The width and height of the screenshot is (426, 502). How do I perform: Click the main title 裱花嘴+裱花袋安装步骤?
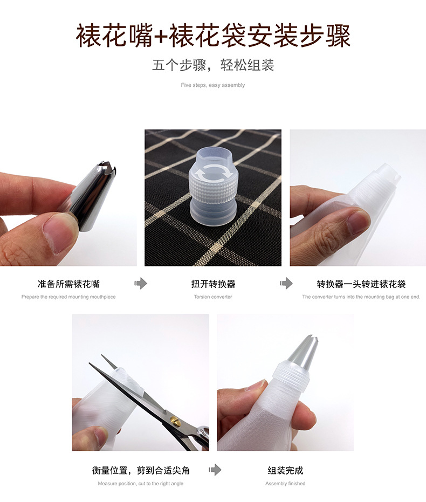tap(213, 36)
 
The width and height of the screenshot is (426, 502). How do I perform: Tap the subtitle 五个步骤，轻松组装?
tap(213, 66)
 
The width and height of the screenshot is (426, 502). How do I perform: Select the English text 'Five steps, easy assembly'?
tap(213, 85)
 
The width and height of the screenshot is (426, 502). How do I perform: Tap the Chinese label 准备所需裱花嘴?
tap(68, 284)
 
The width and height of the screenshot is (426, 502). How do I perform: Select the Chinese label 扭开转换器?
tap(213, 284)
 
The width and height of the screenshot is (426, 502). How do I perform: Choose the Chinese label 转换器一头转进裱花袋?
tap(361, 284)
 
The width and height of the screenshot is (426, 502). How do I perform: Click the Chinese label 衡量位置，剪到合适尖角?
tap(141, 470)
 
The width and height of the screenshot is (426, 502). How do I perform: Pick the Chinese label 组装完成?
tap(285, 470)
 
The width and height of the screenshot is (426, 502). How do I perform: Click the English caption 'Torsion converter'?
tap(213, 297)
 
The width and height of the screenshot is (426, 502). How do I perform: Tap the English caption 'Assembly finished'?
tap(285, 483)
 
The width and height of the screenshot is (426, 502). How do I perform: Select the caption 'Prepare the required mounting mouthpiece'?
tap(68, 297)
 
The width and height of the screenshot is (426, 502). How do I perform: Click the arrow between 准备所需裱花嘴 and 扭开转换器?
tap(141, 283)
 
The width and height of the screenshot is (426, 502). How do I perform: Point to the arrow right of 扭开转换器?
tap(286, 283)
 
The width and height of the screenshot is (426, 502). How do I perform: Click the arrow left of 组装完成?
tap(215, 470)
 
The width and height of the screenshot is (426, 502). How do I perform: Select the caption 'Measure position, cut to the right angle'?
tap(141, 483)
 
